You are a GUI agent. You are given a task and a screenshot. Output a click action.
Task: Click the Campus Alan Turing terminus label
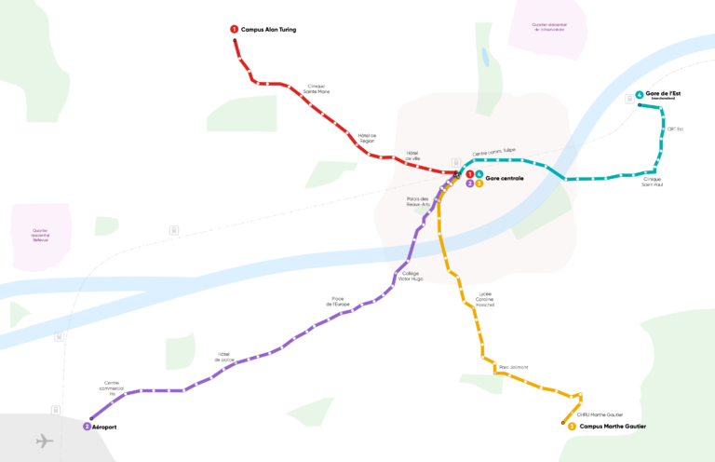click(268, 30)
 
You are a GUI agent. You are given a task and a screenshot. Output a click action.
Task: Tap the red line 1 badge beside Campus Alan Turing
click(235, 30)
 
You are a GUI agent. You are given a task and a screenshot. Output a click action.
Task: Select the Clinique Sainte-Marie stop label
click(317, 89)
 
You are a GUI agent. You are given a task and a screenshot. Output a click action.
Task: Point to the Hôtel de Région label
click(367, 138)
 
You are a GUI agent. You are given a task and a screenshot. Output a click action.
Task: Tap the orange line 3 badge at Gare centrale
click(479, 183)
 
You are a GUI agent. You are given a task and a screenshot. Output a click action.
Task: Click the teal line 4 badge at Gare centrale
click(479, 174)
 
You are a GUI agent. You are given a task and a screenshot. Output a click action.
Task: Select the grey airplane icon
click(44, 441)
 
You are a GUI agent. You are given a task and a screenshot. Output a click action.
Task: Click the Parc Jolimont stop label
click(514, 367)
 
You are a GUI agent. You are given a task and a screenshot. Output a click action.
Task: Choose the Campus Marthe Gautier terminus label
click(612, 427)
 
